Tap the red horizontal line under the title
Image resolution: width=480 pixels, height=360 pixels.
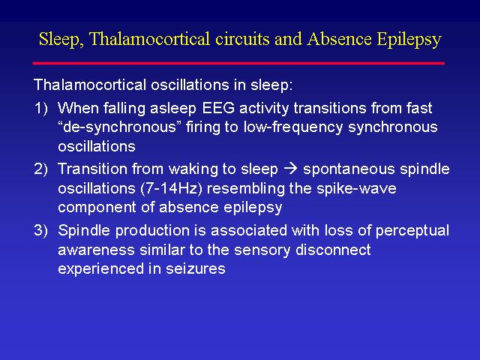(x=238, y=63)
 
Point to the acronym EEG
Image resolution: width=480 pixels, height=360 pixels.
(x=218, y=108)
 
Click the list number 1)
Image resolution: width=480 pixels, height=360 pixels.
(x=41, y=108)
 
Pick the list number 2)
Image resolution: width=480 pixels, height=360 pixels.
(x=41, y=169)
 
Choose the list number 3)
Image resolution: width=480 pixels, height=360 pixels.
(x=41, y=230)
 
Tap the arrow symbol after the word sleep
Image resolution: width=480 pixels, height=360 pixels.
(x=290, y=169)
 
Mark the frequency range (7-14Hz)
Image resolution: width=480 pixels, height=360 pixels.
(x=172, y=188)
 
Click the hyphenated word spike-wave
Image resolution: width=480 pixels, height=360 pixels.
(x=356, y=189)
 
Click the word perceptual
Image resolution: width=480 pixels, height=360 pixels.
(x=412, y=231)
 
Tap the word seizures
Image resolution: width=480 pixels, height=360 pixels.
(x=196, y=268)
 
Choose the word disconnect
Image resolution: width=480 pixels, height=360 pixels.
(x=333, y=250)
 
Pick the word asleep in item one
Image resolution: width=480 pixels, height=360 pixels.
(x=173, y=109)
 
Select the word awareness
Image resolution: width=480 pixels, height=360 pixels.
(x=97, y=250)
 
